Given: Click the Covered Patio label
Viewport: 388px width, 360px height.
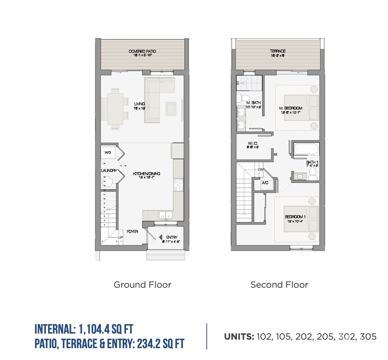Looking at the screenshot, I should [x=142, y=51].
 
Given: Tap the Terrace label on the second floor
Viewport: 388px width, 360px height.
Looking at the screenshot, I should [x=278, y=51].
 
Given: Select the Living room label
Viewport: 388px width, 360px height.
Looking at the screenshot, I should [x=139, y=104].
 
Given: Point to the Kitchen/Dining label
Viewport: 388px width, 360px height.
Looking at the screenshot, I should [x=147, y=174].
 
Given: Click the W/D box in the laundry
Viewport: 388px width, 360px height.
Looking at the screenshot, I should [x=108, y=152].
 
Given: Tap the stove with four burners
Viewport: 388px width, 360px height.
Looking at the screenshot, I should [x=179, y=185].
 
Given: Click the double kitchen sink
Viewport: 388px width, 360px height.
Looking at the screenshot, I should [x=166, y=215].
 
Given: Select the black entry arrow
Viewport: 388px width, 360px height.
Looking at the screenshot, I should [x=161, y=237].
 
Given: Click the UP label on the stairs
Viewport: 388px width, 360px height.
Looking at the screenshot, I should [x=120, y=237].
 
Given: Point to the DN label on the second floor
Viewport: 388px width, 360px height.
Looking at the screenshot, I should [x=260, y=169].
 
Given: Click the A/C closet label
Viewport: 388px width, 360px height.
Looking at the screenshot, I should [x=265, y=183].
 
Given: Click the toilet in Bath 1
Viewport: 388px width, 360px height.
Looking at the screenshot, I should [x=313, y=174].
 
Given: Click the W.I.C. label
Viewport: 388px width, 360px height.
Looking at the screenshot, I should [x=253, y=143].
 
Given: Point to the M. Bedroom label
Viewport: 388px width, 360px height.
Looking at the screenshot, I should [x=291, y=108].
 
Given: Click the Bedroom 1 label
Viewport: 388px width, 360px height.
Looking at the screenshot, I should [x=295, y=217].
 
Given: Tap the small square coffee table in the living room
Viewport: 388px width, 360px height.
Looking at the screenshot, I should [x=171, y=108].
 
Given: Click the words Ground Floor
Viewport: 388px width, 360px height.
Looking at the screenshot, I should [x=142, y=285].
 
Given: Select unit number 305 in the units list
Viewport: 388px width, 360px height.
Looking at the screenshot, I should [x=368, y=337].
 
